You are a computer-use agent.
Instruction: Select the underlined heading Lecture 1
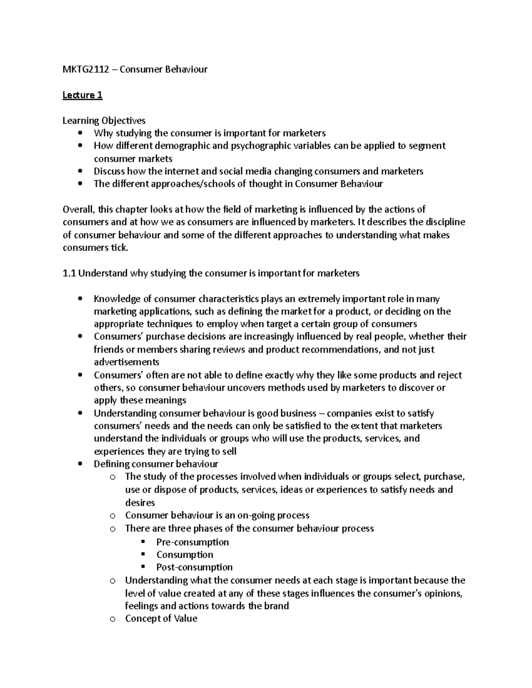82,95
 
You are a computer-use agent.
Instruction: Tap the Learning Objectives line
104,120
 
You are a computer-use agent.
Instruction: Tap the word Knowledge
116,299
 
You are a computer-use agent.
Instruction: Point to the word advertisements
126,362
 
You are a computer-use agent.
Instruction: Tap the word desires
140,503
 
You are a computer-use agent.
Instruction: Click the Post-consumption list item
194,567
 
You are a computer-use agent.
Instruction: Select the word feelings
141,606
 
